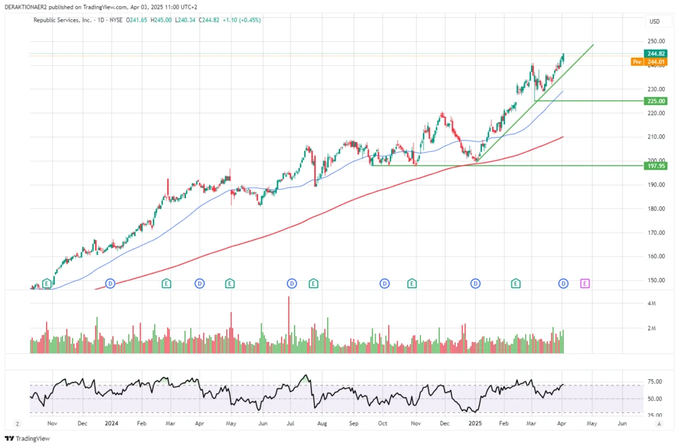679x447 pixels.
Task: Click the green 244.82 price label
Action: pos(656,53)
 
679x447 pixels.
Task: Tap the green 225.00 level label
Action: pos(656,101)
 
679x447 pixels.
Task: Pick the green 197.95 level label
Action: pos(656,166)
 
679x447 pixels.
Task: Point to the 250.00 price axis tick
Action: pos(655,41)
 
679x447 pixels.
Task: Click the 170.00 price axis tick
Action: pos(655,233)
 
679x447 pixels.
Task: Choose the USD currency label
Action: pos(655,21)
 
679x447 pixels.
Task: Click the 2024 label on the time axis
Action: pos(111,423)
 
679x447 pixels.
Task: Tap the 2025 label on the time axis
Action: pos(475,423)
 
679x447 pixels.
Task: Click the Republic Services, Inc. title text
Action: pos(62,20)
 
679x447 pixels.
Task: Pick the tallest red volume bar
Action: pos(289,324)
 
